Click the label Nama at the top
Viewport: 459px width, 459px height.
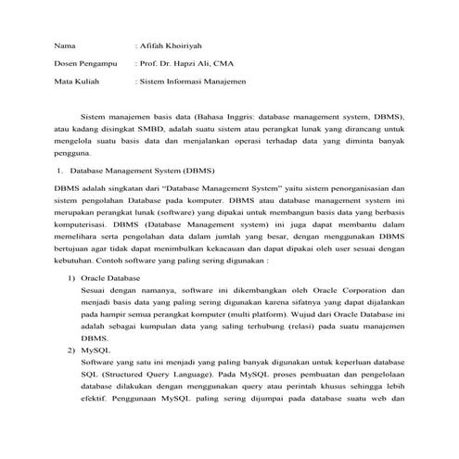pyautogui.click(x=64, y=45)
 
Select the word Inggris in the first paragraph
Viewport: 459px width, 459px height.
pyautogui.click(x=246, y=119)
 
